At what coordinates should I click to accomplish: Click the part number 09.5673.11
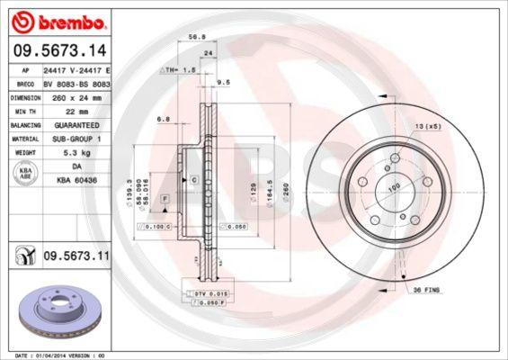click(x=76, y=257)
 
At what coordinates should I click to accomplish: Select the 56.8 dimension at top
click(x=192, y=39)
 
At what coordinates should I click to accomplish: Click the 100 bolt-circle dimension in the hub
click(x=393, y=187)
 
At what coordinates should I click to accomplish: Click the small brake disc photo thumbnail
click(x=55, y=310)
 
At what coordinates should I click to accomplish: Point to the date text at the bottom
click(x=56, y=355)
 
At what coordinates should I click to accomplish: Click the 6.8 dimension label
click(x=163, y=118)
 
